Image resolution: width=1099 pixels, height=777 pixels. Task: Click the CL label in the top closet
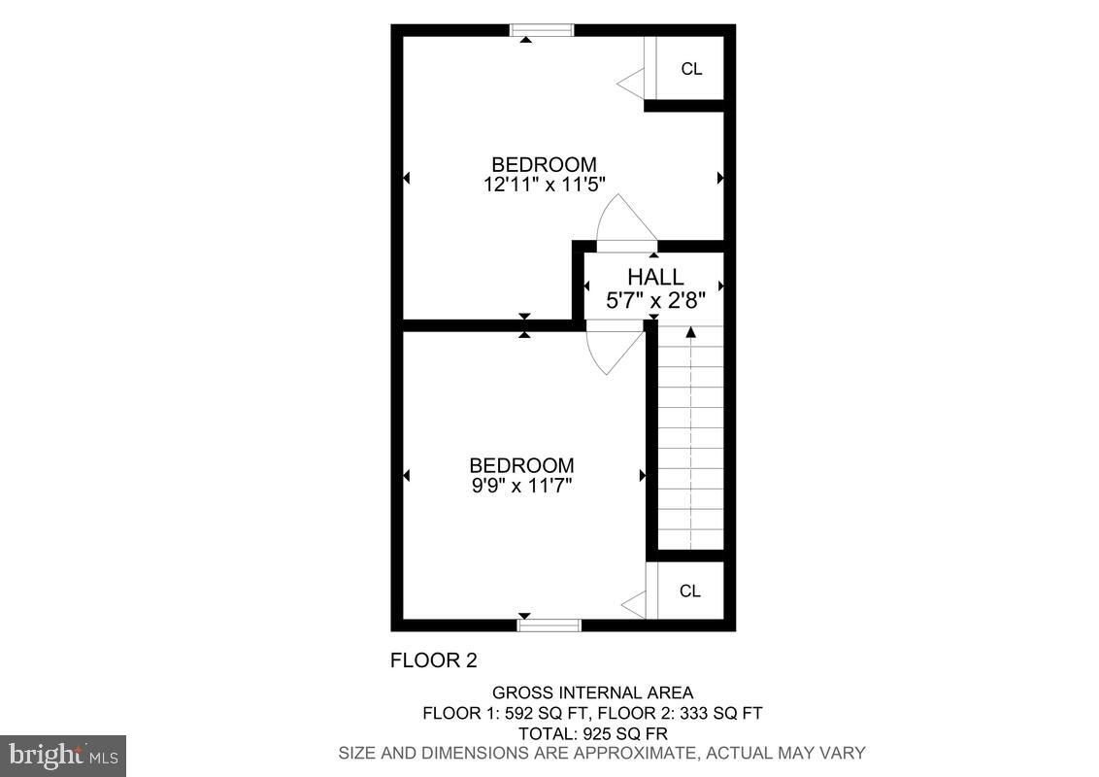[x=691, y=69]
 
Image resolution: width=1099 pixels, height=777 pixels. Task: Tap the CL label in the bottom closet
[x=690, y=591]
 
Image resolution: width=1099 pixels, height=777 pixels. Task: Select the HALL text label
[x=654, y=278]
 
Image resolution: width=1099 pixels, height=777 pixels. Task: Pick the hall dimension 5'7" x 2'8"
[x=654, y=301]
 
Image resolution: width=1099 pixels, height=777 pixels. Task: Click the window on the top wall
[x=543, y=30]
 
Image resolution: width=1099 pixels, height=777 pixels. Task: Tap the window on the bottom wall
[x=549, y=625]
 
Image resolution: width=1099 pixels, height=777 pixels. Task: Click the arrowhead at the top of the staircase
[x=691, y=332]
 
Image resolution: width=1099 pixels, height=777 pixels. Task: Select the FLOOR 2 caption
[x=433, y=660]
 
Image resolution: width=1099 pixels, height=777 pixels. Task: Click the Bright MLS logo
[x=63, y=755]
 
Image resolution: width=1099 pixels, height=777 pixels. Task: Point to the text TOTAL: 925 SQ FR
[x=592, y=732]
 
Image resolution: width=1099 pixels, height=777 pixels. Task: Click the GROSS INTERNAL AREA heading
[x=592, y=693]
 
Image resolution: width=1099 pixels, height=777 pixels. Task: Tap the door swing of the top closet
[x=633, y=83]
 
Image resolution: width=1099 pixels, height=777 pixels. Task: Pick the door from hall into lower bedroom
[x=614, y=350]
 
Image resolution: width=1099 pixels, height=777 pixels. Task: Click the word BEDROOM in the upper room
[x=544, y=164]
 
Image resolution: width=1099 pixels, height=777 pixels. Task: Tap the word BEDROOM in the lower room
[x=521, y=465]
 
